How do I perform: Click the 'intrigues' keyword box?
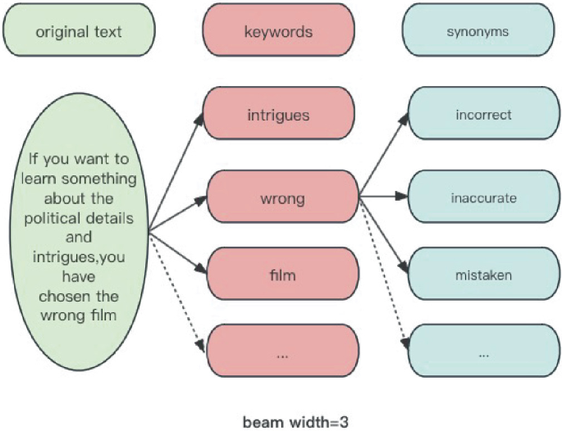pos(278,115)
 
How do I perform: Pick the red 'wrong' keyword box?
pos(281,197)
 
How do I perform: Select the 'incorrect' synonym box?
pos(483,115)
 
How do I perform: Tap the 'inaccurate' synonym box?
pos(483,197)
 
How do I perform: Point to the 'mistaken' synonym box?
pos(483,274)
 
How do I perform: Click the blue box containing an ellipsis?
pos(483,353)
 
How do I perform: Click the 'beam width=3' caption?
pos(281,422)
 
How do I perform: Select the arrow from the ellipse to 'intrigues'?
pos(176,174)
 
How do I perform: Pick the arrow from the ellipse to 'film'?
pos(176,251)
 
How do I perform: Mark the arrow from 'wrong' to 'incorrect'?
pos(383,156)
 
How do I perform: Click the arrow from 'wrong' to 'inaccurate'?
pos(383,197)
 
